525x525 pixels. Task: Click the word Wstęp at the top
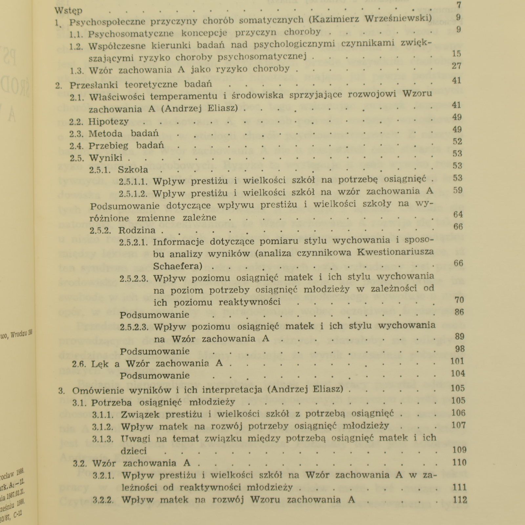coord(69,10)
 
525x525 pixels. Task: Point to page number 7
coord(459,5)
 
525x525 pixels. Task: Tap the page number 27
coord(456,66)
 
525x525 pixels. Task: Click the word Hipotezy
coord(108,122)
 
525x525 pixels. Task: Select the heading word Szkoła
coord(133,170)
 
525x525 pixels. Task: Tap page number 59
coord(458,190)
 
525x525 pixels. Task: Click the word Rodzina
coord(137,230)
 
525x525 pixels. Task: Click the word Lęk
coord(100,364)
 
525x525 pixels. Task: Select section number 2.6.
coord(79,364)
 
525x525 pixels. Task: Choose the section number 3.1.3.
coord(103,439)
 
